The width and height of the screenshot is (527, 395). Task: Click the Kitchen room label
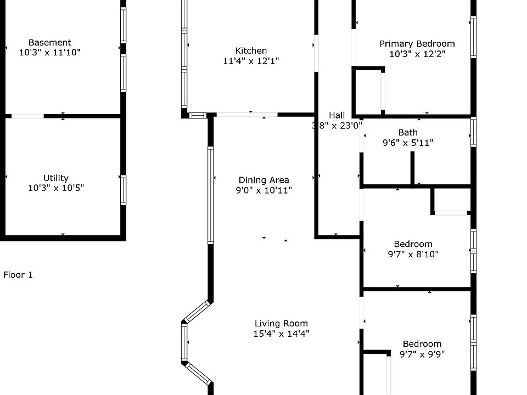pos(251,51)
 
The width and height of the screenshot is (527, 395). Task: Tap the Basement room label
pos(49,42)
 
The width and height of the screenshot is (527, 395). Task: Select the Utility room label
pos(56,178)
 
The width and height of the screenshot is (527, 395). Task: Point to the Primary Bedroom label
pos(417,44)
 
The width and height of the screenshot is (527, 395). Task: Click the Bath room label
pos(408,132)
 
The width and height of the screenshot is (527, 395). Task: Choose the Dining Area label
pos(263,180)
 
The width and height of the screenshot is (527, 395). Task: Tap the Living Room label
pos(281,323)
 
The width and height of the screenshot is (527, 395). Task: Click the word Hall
pos(337,115)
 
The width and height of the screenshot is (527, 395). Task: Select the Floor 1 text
pos(18,275)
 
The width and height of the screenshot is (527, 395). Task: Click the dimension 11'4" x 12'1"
pos(251,61)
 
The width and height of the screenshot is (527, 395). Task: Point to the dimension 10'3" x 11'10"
pos(49,53)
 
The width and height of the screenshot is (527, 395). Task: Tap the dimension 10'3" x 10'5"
pos(56,188)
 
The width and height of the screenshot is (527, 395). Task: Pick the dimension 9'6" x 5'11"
pos(408,143)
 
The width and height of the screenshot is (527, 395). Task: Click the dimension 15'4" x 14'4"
pos(281,334)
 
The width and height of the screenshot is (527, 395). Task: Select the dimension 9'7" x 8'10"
pos(413,255)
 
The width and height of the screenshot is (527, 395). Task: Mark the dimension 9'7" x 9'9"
pos(422,354)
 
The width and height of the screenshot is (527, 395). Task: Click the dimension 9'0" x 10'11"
pos(263,190)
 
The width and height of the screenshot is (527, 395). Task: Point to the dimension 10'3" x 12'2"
pos(417,54)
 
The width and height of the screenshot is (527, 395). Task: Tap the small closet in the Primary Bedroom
pos(368,91)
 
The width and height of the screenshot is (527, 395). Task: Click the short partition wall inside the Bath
pos(412,167)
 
